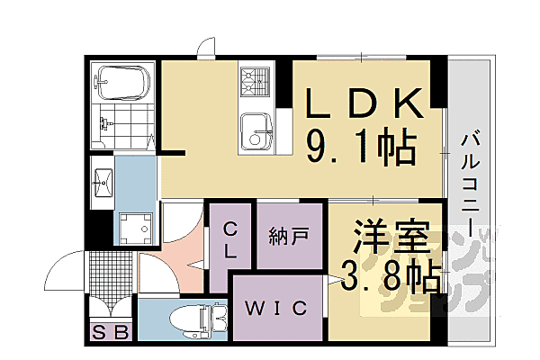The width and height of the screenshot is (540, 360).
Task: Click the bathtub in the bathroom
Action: (x=125, y=84)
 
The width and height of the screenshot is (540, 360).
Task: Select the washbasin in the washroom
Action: (x=102, y=182)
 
